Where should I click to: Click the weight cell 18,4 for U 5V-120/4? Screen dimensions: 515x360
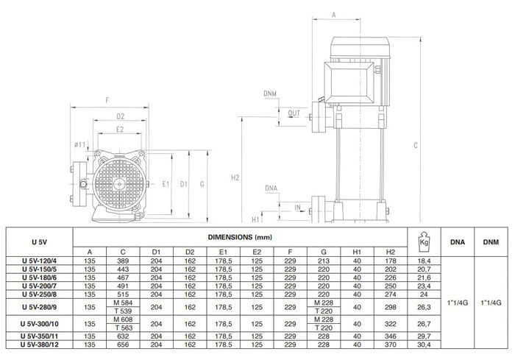point(424,261)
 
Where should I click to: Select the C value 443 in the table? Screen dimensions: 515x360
point(123,269)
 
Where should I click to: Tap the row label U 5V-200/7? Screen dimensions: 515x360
point(40,286)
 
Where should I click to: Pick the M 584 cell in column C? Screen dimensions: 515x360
point(123,303)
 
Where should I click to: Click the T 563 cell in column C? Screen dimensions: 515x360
point(124,328)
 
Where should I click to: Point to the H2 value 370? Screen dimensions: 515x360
point(390,345)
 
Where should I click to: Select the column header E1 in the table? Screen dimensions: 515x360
point(224,252)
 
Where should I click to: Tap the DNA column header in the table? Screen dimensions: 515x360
point(458,242)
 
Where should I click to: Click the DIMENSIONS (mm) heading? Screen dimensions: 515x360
point(240,237)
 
